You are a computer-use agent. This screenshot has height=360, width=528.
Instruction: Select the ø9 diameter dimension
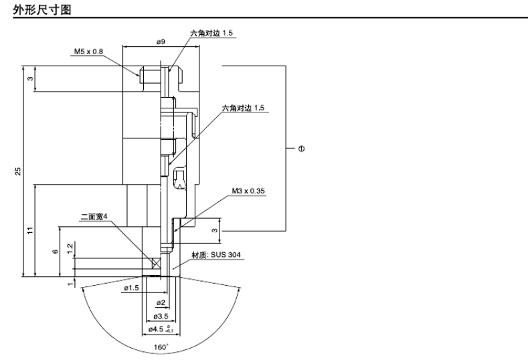[161, 41]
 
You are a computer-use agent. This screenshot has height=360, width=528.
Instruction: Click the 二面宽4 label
[94, 217]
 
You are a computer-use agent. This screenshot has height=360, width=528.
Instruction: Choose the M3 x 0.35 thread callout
[248, 191]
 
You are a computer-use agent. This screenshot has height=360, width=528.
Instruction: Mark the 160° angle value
[161, 347]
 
